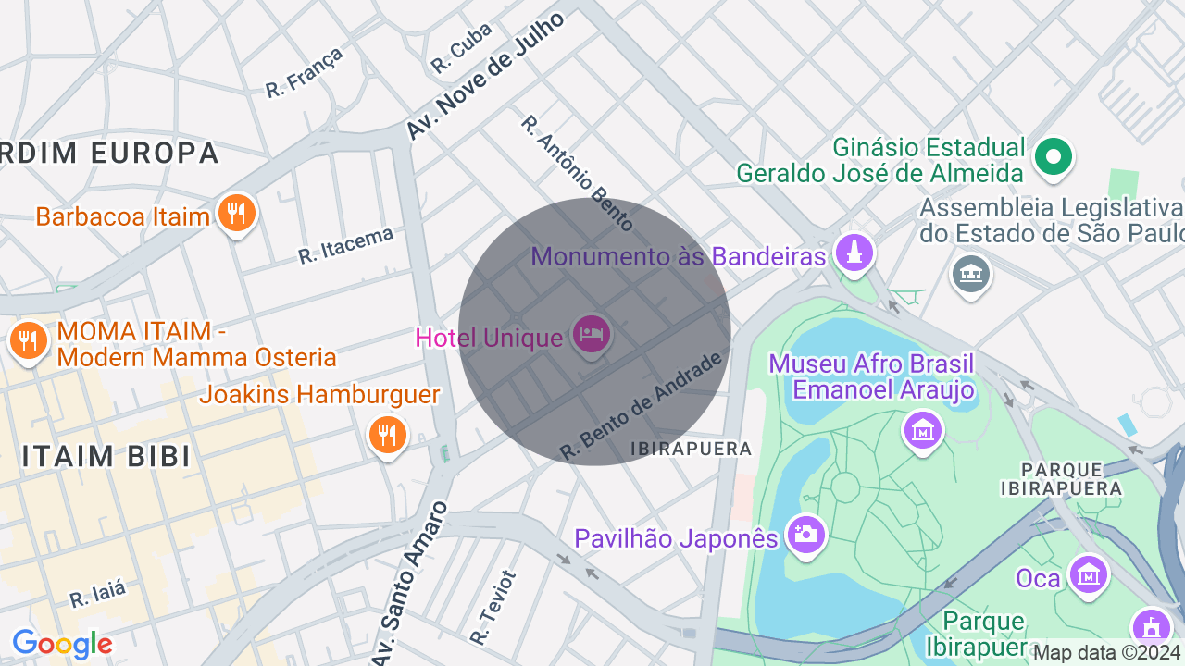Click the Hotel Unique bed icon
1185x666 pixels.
pyautogui.click(x=591, y=334)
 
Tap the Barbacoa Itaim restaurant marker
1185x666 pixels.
pyautogui.click(x=237, y=214)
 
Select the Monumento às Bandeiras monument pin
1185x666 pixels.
pyautogui.click(x=854, y=253)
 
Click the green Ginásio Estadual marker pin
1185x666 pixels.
pyautogui.click(x=1053, y=156)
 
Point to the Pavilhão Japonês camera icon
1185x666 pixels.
pyautogui.click(x=805, y=534)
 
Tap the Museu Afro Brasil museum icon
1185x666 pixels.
pyautogui.click(x=922, y=429)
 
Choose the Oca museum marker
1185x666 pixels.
pyautogui.click(x=1089, y=575)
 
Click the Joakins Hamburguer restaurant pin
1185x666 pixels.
pyautogui.click(x=387, y=433)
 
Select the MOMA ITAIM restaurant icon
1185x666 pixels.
pyautogui.click(x=29, y=341)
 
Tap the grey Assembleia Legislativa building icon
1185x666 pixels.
pyautogui.click(x=970, y=274)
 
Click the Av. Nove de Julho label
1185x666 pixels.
pyautogui.click(x=485, y=76)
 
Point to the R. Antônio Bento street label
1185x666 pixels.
pyautogui.click(x=577, y=173)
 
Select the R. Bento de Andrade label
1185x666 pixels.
pyautogui.click(x=641, y=406)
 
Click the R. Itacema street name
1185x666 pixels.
pyautogui.click(x=345, y=245)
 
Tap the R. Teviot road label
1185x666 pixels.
pyautogui.click(x=493, y=607)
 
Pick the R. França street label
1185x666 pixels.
pyautogui.click(x=305, y=71)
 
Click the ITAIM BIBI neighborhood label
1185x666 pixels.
pyautogui.click(x=106, y=456)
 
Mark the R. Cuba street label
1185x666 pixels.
pyautogui.click(x=461, y=48)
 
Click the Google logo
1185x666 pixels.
pyautogui.click(x=62, y=644)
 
